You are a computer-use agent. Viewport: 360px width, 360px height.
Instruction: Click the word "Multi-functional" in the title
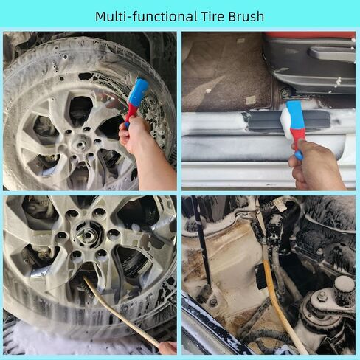146,16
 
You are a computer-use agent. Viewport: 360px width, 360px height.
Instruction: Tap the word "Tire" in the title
213,16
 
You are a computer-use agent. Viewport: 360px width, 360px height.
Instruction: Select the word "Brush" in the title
246,16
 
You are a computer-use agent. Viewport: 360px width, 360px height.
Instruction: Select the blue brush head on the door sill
295,115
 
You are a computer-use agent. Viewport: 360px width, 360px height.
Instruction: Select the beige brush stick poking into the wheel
120,312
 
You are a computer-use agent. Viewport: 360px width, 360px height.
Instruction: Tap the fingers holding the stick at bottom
168,347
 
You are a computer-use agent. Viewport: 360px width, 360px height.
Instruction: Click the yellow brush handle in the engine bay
283,308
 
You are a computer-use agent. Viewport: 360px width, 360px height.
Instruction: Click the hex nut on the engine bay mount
321,297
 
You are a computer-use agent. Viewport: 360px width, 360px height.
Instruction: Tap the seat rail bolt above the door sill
286,93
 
